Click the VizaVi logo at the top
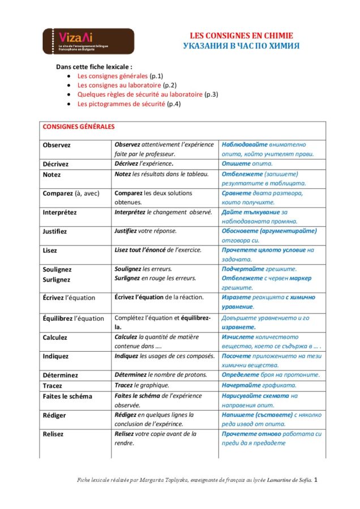tap(88, 41)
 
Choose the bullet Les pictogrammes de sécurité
tap(121, 104)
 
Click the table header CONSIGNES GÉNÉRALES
tap(79, 127)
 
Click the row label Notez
tap(52, 175)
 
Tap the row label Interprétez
tap(59, 213)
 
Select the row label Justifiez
tap(55, 231)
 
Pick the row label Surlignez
tap(57, 279)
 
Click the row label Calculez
tap(55, 338)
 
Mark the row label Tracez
tap(53, 386)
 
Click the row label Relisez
tap(53, 434)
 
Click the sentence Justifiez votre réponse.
tap(145, 231)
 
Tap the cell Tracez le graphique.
tap(140, 385)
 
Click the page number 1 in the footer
tap(316, 480)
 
